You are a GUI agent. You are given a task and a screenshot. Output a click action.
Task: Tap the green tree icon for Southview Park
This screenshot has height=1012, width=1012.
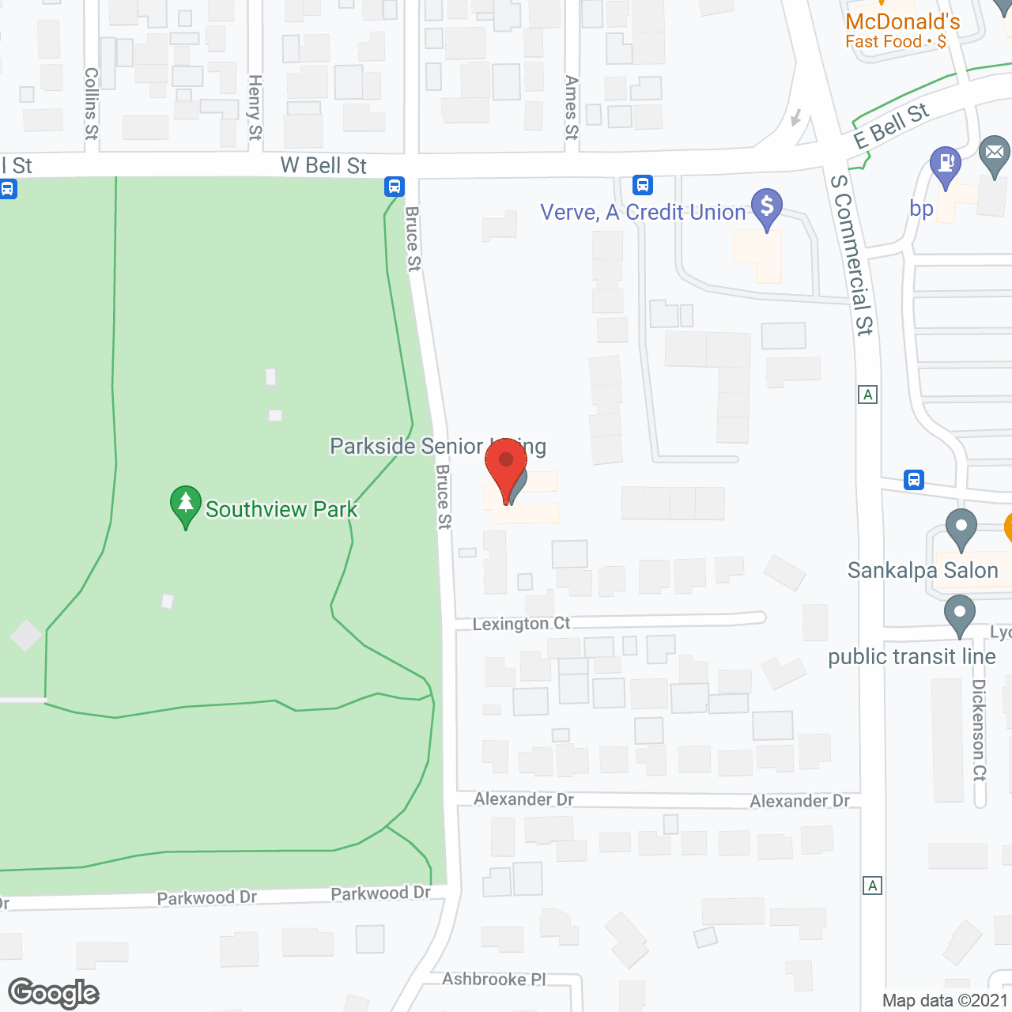(185, 504)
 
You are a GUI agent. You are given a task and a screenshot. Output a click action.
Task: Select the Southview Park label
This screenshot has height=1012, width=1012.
(281, 510)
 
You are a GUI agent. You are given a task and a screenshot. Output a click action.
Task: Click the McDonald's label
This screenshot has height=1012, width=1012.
(903, 22)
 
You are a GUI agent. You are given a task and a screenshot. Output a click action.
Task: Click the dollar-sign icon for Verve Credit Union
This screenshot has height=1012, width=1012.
(766, 207)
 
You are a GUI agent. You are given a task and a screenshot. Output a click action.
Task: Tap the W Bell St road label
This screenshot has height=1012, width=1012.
(323, 166)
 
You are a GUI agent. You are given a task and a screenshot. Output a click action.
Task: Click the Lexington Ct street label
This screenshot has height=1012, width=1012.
(521, 624)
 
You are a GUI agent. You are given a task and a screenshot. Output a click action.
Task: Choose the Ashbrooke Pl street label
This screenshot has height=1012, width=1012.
(494, 980)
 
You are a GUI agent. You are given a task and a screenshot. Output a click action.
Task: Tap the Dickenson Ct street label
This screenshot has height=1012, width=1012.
(979, 730)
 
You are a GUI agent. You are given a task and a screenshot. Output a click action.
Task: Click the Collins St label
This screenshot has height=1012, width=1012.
(92, 104)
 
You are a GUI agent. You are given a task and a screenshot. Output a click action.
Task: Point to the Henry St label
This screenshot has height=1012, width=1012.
(255, 108)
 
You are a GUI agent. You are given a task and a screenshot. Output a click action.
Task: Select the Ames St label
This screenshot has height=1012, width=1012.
(572, 108)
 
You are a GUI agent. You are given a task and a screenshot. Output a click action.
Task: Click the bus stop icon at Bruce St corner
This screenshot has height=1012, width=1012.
(395, 187)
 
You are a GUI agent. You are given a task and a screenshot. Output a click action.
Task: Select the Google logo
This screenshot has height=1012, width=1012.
(54, 993)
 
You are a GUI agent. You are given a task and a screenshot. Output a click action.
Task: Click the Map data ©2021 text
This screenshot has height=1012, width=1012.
(945, 1001)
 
